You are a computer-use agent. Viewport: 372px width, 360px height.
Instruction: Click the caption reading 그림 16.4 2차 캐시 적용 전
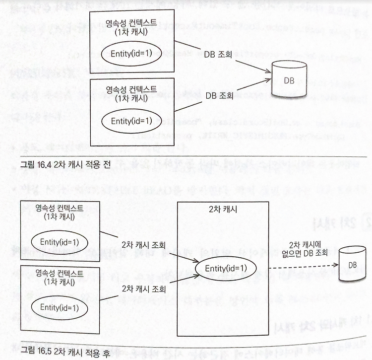tap(65, 164)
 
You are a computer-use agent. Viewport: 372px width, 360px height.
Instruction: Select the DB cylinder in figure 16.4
tap(289, 79)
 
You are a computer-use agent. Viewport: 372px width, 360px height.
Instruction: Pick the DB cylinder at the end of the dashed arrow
tap(352, 264)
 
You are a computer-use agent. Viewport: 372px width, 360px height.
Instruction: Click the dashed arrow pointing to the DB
tap(304, 267)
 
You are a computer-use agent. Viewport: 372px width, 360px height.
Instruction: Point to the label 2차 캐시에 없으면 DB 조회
tap(305, 249)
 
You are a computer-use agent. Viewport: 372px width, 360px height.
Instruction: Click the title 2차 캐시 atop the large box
tap(223, 209)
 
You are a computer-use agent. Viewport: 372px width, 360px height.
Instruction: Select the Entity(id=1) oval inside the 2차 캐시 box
tap(226, 268)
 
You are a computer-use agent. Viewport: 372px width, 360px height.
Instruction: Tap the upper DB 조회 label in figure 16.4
tap(218, 54)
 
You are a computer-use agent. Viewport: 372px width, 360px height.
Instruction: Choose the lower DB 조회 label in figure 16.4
tap(219, 95)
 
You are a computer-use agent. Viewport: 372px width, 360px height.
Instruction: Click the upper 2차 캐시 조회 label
tap(143, 245)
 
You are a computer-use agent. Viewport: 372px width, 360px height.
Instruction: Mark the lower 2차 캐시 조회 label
tap(143, 289)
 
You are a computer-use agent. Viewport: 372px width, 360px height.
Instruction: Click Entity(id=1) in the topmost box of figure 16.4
tap(131, 54)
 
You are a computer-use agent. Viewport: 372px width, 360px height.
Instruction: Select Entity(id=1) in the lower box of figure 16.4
tap(131, 121)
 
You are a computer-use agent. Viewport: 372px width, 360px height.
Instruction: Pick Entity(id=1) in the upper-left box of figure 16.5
tap(60, 242)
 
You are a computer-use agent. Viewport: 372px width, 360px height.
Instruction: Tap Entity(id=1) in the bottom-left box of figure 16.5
tap(60, 307)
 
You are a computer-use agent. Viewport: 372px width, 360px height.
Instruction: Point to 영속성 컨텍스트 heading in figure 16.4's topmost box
tap(131, 23)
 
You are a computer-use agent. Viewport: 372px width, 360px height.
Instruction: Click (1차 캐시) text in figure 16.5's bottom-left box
tap(60, 282)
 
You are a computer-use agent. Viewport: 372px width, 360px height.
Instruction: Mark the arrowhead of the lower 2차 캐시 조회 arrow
tap(197, 277)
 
